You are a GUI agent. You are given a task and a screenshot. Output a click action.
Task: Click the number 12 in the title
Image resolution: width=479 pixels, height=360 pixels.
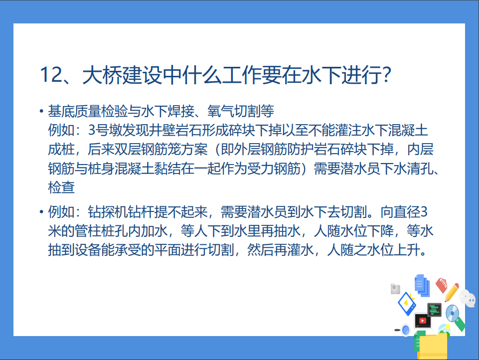pyautogui.click(x=51, y=75)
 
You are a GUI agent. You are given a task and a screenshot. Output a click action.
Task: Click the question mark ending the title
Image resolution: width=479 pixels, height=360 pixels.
pyautogui.click(x=386, y=75)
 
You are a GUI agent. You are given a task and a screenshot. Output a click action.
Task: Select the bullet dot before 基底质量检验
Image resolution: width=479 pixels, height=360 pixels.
pyautogui.click(x=41, y=111)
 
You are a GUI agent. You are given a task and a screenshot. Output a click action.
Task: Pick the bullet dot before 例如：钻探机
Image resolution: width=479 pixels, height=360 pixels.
pyautogui.click(x=41, y=212)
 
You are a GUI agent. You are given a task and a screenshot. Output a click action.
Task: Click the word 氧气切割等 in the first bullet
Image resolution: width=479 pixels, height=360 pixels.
pyautogui.click(x=241, y=111)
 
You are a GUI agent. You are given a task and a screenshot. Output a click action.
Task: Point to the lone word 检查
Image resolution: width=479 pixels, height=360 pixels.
pyautogui.click(x=61, y=187)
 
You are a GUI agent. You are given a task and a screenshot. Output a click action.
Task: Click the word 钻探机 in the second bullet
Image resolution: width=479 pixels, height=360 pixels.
pyautogui.click(x=108, y=212)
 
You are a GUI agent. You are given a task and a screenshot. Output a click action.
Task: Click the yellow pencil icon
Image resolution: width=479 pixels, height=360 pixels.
pyautogui.click(x=452, y=293)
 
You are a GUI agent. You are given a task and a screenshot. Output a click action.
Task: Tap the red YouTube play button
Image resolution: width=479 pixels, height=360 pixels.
pyautogui.click(x=423, y=320)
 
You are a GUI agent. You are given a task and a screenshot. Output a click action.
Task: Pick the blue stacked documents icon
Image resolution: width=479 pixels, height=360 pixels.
pyautogui.click(x=422, y=285)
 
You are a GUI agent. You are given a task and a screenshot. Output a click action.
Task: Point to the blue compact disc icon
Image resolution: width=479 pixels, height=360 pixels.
pyautogui.click(x=452, y=313)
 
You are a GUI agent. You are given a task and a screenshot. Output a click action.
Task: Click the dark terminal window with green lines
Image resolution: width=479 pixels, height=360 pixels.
pyautogui.click(x=434, y=310)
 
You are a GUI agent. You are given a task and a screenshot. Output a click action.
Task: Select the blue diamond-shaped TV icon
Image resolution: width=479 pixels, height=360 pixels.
pyautogui.click(x=407, y=304)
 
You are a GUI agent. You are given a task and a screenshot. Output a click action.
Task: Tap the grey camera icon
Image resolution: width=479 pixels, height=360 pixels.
pyautogui.click(x=395, y=289)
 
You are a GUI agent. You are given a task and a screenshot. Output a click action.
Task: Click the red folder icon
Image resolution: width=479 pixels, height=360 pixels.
pyautogui.click(x=442, y=285)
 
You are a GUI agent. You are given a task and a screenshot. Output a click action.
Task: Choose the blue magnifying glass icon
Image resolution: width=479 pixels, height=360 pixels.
pyautogui.click(x=405, y=330)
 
